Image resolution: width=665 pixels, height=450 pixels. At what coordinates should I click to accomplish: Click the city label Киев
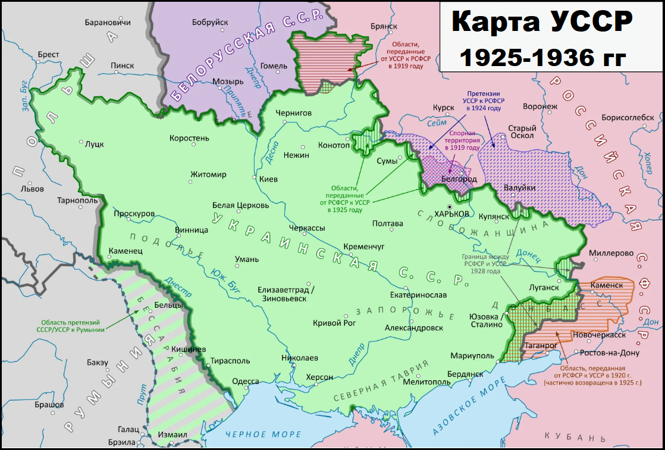click(x=269, y=179)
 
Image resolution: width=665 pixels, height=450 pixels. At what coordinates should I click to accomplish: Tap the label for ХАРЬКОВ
click(x=452, y=214)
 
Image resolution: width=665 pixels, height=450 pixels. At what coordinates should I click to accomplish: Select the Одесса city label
click(x=245, y=382)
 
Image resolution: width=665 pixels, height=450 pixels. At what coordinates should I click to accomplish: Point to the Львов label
click(x=32, y=189)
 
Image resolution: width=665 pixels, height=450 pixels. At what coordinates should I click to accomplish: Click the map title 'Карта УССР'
click(x=541, y=23)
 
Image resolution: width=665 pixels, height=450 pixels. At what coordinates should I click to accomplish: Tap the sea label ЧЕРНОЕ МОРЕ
click(x=254, y=435)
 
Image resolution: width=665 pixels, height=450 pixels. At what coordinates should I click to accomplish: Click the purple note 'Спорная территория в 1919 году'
click(x=464, y=141)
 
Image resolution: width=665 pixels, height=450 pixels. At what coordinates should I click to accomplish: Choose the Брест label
click(x=48, y=54)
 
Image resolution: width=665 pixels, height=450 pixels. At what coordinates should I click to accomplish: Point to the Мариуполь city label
click(x=472, y=355)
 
